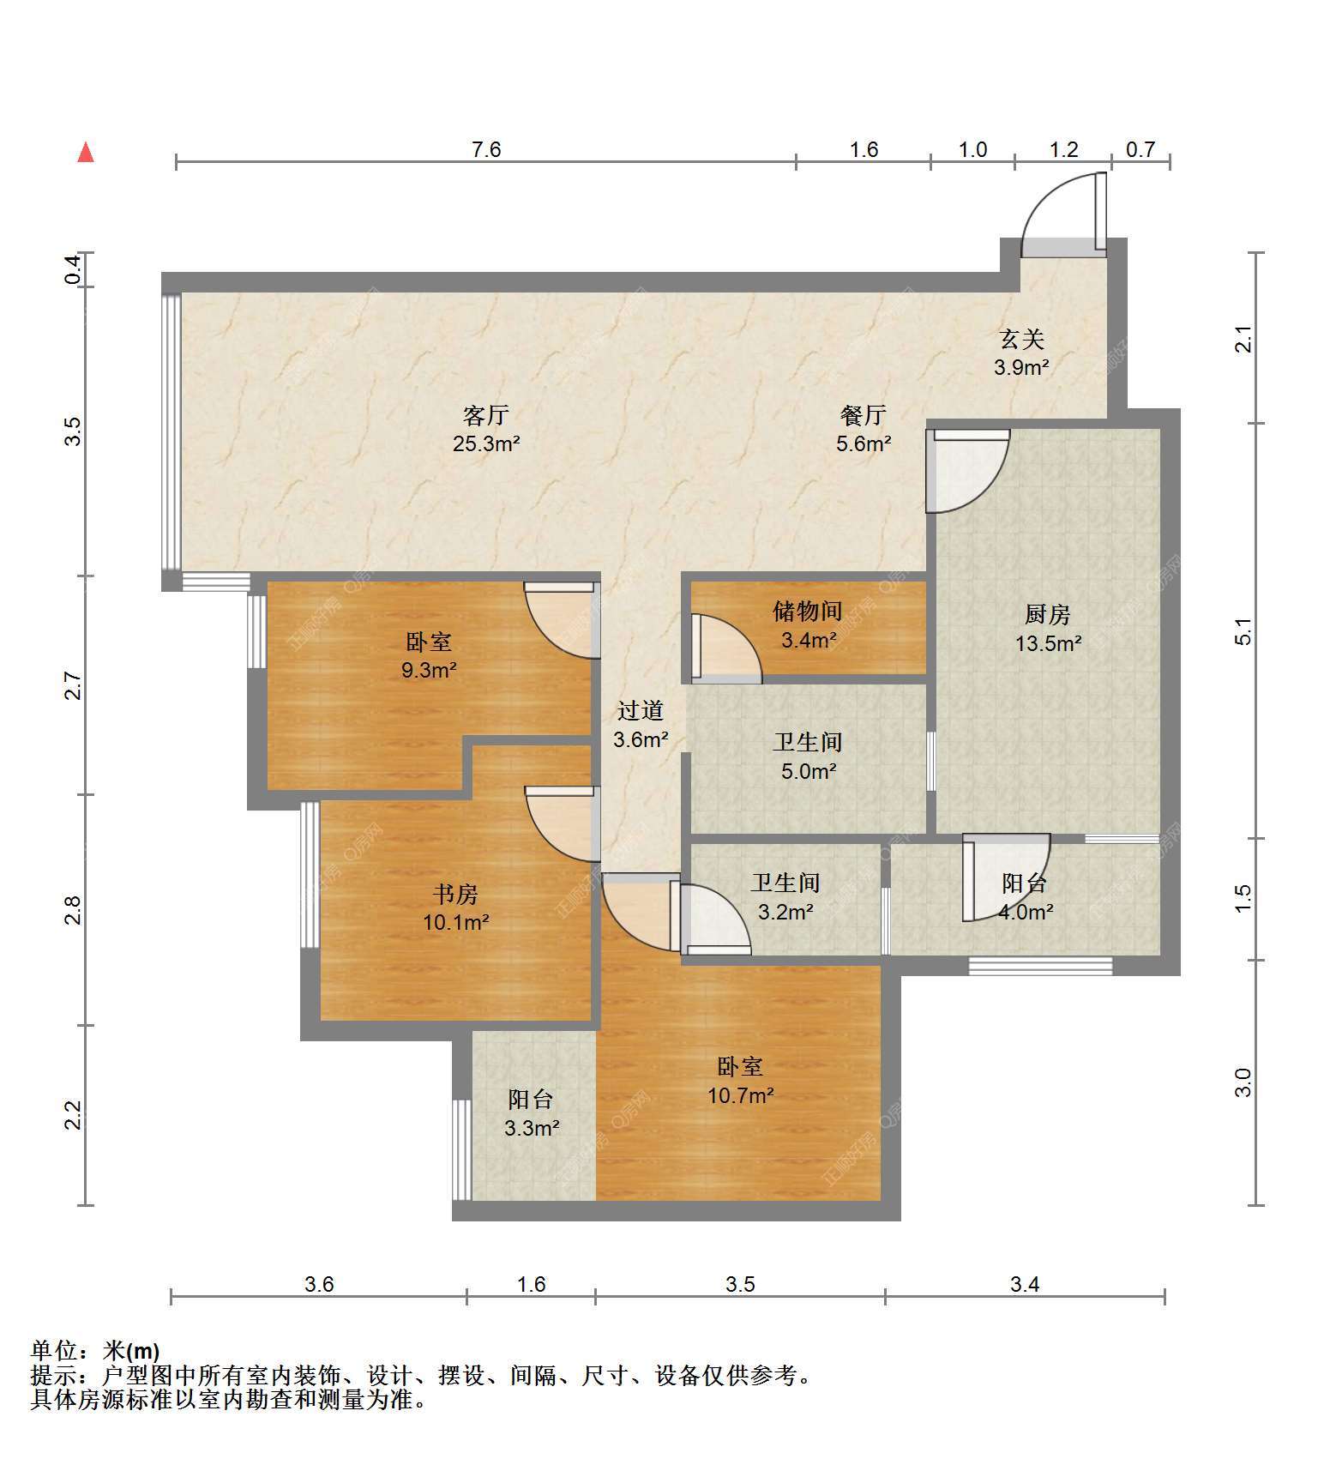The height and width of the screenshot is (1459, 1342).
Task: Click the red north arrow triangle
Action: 86,153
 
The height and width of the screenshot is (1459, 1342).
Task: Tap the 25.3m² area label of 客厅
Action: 486,444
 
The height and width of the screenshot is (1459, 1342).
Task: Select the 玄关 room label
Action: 1022,340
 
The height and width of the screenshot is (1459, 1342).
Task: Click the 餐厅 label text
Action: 864,415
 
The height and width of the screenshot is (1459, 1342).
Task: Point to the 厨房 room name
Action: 1048,614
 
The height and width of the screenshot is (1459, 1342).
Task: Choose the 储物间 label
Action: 808,611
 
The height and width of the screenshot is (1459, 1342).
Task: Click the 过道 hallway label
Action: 641,710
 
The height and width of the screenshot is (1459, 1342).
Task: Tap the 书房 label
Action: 455,895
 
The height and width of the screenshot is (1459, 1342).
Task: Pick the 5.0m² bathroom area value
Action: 809,771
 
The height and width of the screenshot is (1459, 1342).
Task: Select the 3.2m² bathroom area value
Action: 785,912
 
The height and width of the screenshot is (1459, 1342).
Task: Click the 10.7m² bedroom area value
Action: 741,1095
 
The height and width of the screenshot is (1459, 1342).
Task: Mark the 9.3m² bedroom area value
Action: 429,670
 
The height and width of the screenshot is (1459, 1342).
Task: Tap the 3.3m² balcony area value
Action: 532,1128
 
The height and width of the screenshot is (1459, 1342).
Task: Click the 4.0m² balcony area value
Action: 1026,912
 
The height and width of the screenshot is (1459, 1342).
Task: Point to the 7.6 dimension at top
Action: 486,149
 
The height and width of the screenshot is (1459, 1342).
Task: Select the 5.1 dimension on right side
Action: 1244,631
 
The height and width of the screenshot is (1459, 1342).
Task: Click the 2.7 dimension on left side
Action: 74,686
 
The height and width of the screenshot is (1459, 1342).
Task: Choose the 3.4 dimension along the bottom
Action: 1025,1284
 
